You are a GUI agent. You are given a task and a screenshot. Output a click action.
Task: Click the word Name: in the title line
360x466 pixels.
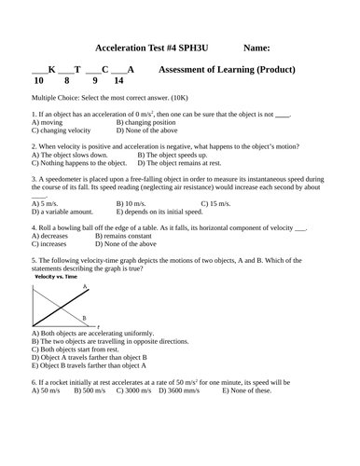256,47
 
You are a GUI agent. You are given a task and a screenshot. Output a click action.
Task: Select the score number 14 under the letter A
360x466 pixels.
118,81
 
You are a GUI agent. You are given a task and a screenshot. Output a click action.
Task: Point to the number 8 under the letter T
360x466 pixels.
66,81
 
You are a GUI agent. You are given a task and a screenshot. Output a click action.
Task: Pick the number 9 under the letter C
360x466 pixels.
93,81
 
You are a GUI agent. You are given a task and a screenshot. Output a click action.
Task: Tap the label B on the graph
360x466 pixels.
84,318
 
